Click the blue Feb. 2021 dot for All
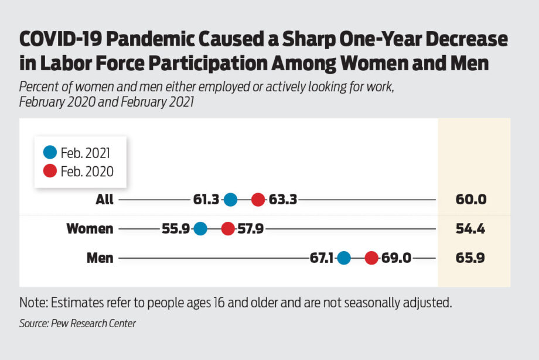(x=230, y=200)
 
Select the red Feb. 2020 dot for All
(x=258, y=200)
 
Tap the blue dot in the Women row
(x=200, y=228)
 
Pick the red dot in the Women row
(x=228, y=228)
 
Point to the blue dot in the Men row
(x=344, y=258)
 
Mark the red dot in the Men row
(x=371, y=258)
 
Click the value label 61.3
(x=206, y=200)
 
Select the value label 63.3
(x=283, y=200)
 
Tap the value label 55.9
(x=176, y=228)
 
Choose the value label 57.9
(x=251, y=228)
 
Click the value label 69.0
(x=395, y=258)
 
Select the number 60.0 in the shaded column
(x=471, y=200)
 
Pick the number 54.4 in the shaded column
(x=470, y=228)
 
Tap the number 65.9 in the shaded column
(x=470, y=258)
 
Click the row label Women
(x=90, y=228)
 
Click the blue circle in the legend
(x=50, y=153)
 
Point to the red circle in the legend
(x=50, y=171)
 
